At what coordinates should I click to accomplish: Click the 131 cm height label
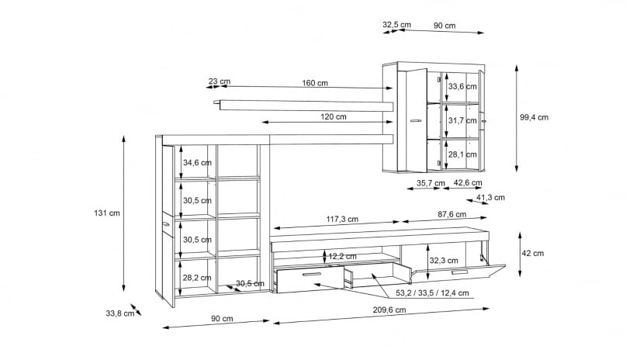coord(107,213)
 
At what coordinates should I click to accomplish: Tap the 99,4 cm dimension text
coord(534,118)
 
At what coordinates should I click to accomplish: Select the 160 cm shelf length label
coord(315,83)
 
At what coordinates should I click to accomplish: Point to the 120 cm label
coord(333,116)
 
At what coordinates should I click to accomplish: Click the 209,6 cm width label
coord(389,310)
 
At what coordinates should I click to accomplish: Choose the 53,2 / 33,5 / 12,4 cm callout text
coord(432,293)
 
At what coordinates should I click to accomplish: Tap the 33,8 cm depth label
coord(120,313)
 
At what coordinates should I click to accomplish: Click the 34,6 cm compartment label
coord(197,163)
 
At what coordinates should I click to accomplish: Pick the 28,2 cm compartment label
coord(197,278)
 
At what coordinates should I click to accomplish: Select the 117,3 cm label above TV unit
coord(342,220)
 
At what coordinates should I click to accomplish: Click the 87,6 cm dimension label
coord(451,214)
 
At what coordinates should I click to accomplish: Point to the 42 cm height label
coord(533,254)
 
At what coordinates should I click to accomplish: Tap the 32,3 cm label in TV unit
coord(444,261)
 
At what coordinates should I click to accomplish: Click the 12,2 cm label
coord(342,256)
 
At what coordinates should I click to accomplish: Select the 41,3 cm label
coord(490,198)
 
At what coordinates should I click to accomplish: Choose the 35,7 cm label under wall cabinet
coord(431,183)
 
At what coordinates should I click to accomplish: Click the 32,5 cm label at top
coord(396,25)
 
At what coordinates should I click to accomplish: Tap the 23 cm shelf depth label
coord(220,81)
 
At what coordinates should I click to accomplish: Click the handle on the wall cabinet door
coord(416,120)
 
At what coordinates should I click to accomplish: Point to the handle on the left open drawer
coord(313,275)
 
